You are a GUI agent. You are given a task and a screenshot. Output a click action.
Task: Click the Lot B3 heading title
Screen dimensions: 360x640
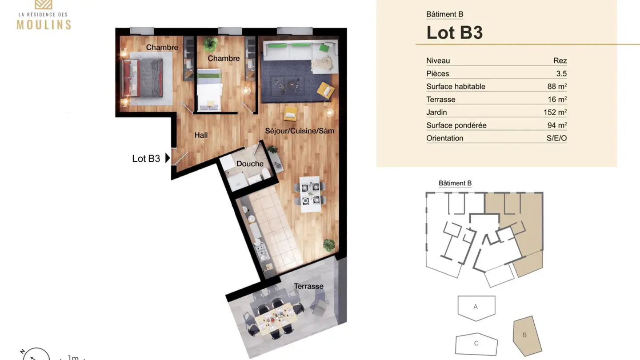pos(454,32)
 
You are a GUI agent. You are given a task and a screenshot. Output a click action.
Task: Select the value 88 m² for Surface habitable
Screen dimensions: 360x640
pos(557,87)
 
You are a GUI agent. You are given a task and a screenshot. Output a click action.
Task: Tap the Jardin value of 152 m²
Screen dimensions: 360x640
pos(555,112)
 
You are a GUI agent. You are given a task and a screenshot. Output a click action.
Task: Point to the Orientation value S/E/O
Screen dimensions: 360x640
pos(556,138)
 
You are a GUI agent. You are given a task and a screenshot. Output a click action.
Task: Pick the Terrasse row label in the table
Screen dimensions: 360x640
pos(440,100)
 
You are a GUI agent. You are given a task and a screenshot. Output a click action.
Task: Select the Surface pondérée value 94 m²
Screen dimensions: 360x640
pos(557,125)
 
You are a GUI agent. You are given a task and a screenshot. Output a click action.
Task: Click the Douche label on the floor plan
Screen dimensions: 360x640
pos(250,164)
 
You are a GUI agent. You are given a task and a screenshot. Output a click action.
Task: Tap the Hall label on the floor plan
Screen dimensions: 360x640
pos(201,135)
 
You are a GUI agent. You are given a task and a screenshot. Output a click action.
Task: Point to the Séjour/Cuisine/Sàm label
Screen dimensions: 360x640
pos(300,131)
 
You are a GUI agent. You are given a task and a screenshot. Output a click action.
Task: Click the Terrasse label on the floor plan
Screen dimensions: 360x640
pos(308,286)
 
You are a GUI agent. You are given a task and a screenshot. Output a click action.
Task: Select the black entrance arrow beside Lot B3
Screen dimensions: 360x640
pos(168,158)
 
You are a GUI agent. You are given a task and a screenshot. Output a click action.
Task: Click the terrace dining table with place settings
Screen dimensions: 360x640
pos(275,317)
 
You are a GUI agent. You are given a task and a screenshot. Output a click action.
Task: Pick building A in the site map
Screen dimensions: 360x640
pos(476,307)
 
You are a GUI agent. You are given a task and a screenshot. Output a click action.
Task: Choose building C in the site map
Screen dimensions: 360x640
pos(476,344)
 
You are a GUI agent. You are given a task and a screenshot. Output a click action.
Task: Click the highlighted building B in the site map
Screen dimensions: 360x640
pos(525,335)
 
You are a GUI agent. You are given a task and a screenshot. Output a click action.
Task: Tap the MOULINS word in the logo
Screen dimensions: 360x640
pos(44,24)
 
